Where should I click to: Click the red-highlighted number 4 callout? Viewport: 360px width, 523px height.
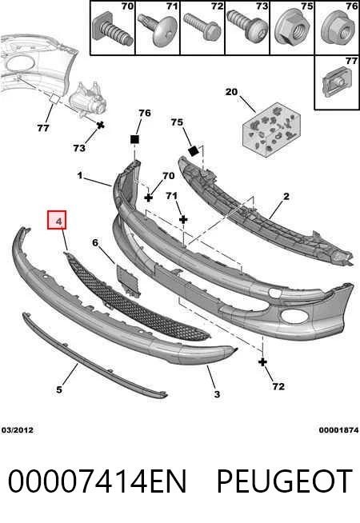click(x=57, y=220)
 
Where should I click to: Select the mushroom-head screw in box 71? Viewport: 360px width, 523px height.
click(x=158, y=30)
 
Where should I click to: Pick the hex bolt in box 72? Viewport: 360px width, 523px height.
click(x=202, y=26)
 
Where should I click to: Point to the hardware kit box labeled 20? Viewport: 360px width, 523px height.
click(x=271, y=130)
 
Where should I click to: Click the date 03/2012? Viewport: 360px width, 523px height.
click(x=18, y=430)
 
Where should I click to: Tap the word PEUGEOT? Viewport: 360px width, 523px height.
click(x=285, y=481)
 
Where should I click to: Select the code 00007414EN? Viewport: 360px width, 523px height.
click(x=97, y=481)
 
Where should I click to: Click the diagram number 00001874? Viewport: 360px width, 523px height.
click(x=338, y=430)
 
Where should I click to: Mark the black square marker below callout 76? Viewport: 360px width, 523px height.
click(x=134, y=139)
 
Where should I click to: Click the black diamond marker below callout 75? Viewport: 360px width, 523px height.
click(x=194, y=151)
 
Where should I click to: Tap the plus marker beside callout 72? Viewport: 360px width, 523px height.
click(x=263, y=362)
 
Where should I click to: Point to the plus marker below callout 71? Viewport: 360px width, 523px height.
click(x=183, y=219)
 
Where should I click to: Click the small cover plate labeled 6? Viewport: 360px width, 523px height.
click(x=128, y=279)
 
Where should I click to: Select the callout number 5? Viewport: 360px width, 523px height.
click(x=59, y=389)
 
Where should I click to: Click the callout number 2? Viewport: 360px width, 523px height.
click(x=286, y=197)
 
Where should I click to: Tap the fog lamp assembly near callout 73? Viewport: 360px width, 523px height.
click(x=86, y=99)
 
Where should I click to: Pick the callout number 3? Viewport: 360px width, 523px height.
click(x=217, y=394)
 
